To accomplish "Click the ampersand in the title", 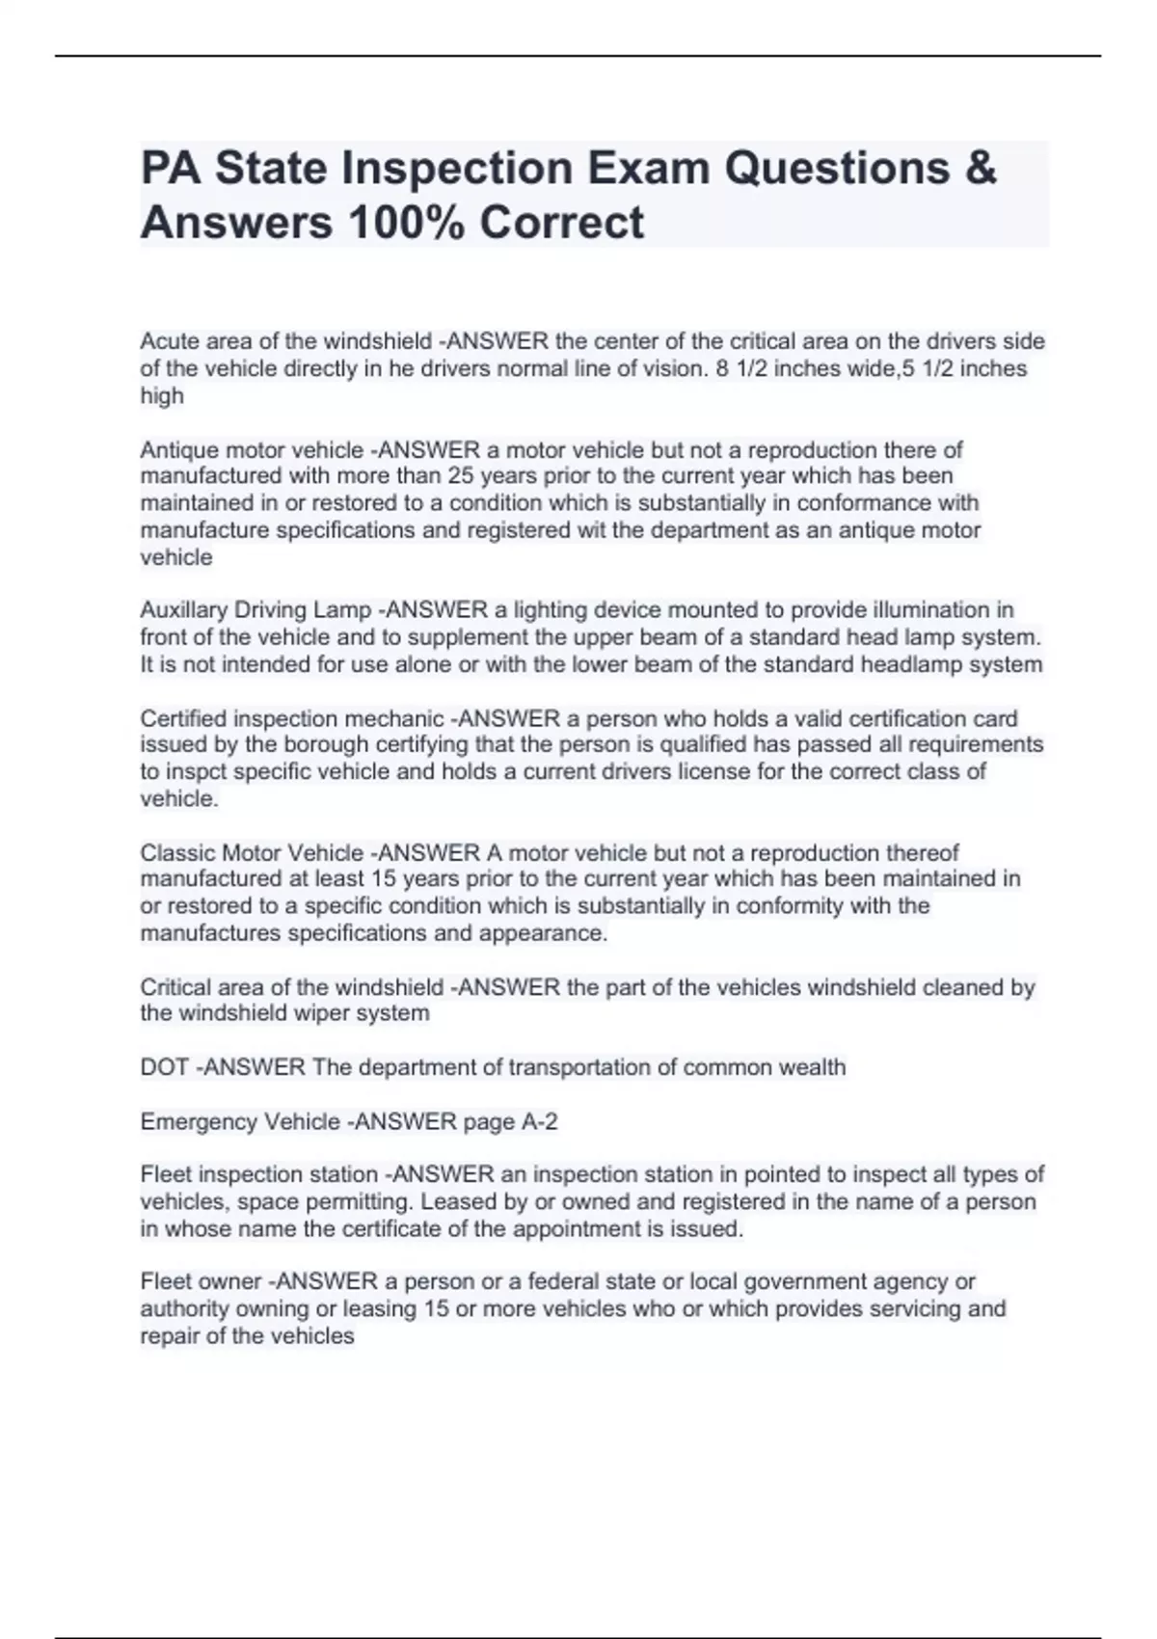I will pos(979,168).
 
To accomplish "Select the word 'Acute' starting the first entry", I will pos(167,341).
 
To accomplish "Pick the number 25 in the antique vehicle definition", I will pos(462,476).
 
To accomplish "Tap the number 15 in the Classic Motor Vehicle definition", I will pos(384,878).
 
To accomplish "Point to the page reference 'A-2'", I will pos(540,1122).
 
